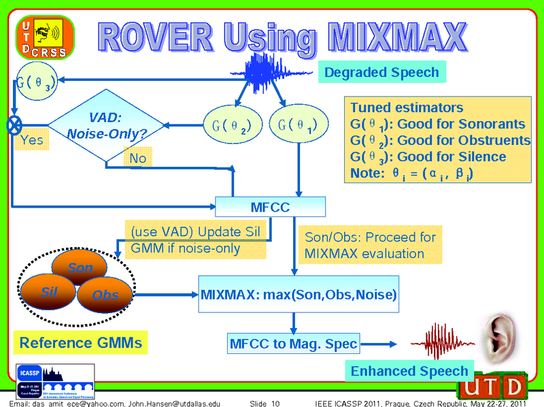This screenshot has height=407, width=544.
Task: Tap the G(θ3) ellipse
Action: [x=32, y=84]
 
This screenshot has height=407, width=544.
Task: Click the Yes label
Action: [x=31, y=140]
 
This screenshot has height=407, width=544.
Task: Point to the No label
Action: [x=138, y=158]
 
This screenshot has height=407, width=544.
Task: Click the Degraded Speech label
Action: [x=381, y=72]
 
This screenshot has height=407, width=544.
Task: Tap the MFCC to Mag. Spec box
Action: [x=292, y=344]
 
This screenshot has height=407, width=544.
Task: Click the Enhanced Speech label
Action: [x=409, y=371]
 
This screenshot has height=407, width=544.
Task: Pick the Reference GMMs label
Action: [x=81, y=342]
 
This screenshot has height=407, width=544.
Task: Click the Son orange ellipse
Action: [x=80, y=267]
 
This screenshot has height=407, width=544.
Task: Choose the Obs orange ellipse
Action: [x=105, y=294]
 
